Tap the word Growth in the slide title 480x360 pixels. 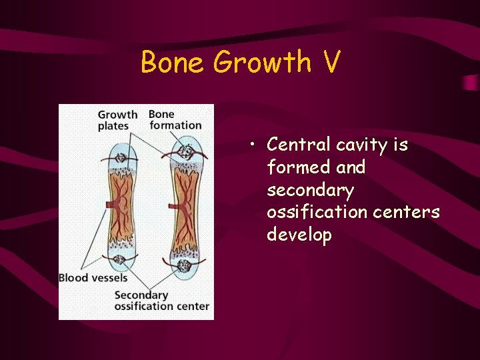(262, 63)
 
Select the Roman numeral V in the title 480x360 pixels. (331, 63)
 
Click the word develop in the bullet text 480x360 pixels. (299, 235)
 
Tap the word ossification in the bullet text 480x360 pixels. (315, 213)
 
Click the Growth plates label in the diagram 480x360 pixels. (117, 120)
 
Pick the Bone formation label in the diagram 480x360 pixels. (175, 120)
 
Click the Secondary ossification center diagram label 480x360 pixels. (162, 301)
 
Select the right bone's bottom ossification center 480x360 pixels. (184, 266)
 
